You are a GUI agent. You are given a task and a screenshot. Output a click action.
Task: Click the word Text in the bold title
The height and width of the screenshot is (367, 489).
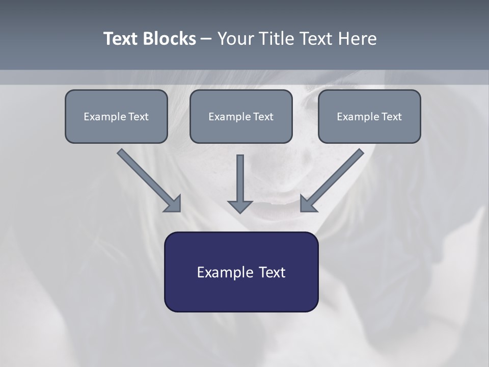(120, 39)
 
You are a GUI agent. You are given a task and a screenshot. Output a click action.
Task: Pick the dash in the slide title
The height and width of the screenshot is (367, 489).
(206, 39)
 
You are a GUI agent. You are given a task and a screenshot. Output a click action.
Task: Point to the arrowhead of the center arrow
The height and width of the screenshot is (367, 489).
(240, 206)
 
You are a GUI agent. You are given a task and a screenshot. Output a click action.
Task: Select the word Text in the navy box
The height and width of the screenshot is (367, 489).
(273, 272)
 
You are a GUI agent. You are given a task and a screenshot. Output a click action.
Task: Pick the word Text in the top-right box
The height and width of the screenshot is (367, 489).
(391, 117)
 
